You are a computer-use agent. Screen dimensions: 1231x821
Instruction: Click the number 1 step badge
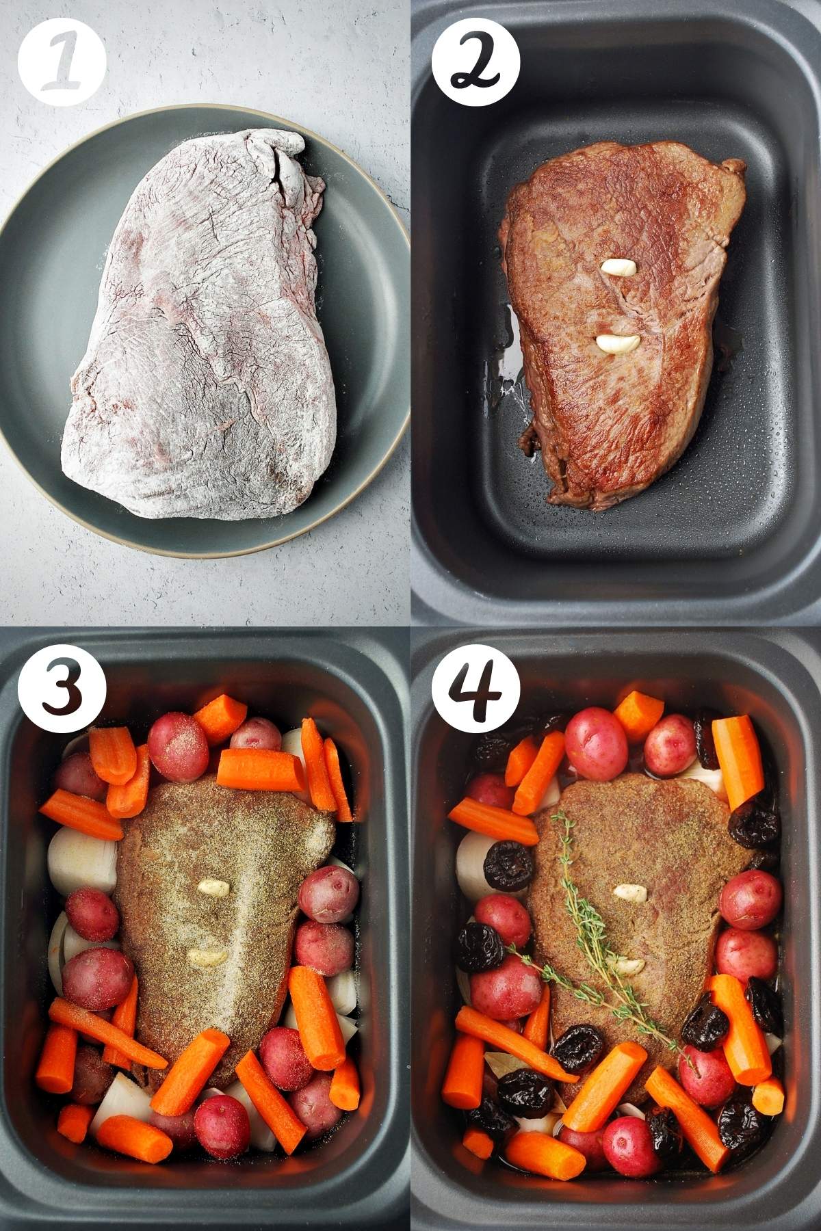click(x=62, y=62)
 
